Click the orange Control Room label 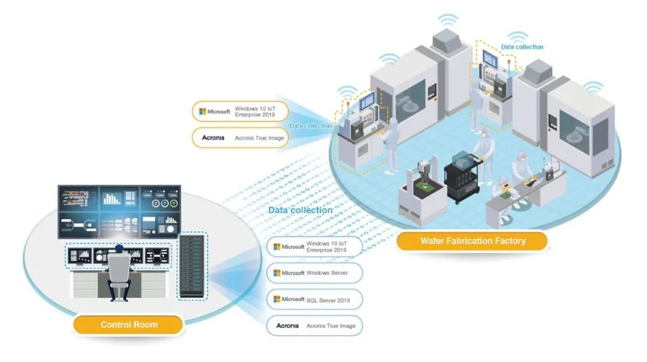[129, 325]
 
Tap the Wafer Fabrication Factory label [472, 240]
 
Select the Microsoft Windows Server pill [315, 273]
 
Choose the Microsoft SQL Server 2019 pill [315, 300]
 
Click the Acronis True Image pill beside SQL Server [315, 326]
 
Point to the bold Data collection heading [300, 210]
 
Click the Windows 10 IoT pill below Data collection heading [315, 246]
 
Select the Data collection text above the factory [522, 47]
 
